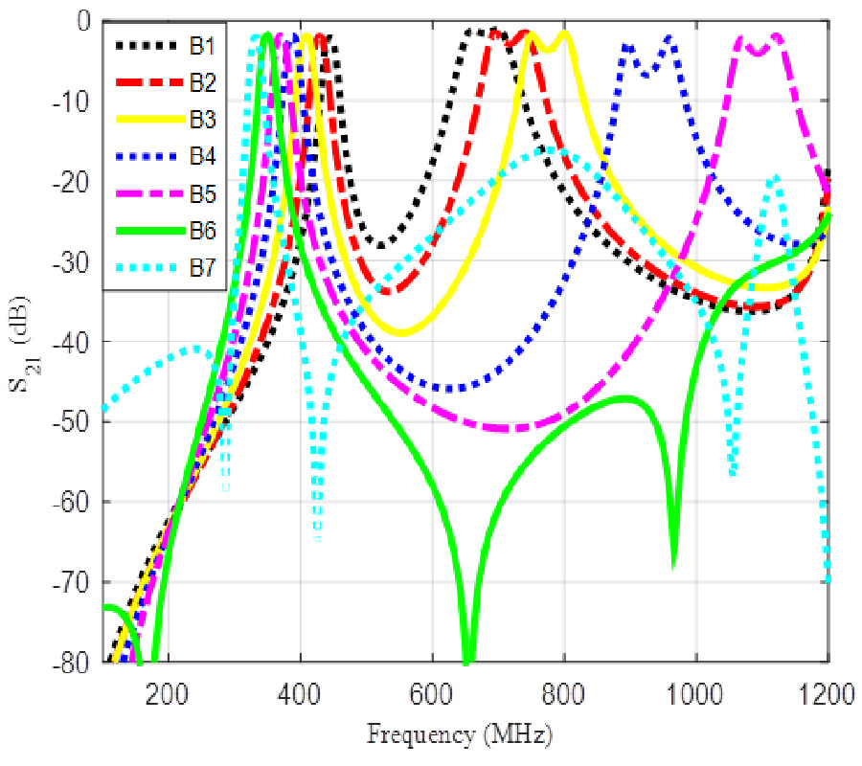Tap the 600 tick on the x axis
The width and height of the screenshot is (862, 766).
point(433,687)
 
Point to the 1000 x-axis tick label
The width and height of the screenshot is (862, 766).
point(695,687)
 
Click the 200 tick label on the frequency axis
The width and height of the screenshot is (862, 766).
point(170,687)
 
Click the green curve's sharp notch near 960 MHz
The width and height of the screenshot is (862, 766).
point(674,563)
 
